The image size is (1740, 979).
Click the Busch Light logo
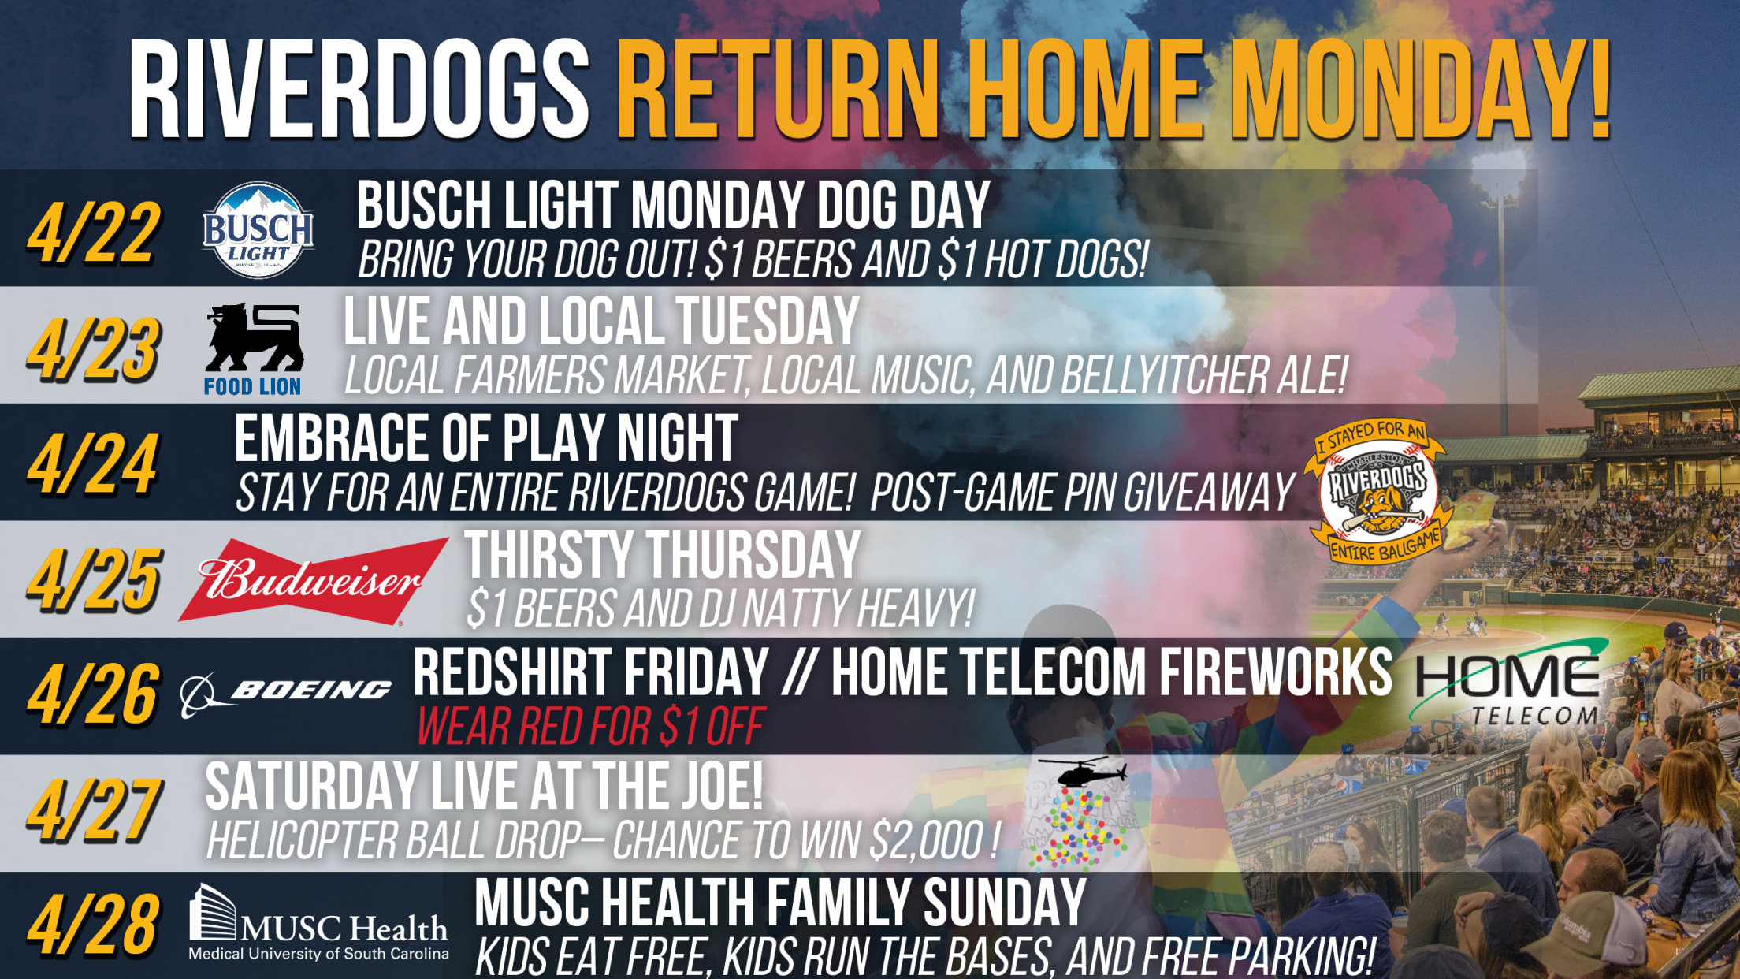pyautogui.click(x=258, y=230)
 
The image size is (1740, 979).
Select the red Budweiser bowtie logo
pyautogui.click(x=314, y=582)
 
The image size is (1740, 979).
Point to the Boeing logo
pyautogui.click(x=286, y=692)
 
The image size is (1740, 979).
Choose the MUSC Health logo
pyautogui.click(x=318, y=923)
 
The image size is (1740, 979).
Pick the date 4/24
pyautogui.click(x=93, y=465)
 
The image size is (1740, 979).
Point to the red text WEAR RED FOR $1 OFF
pyautogui.click(x=590, y=727)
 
